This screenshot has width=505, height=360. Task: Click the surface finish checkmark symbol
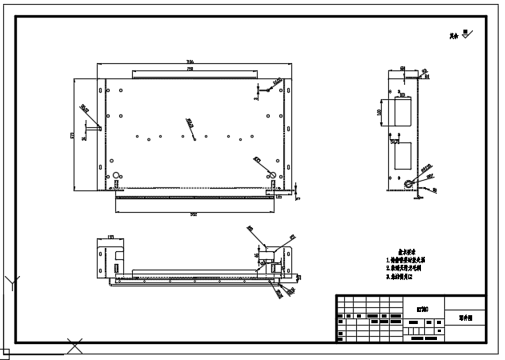point(468,34)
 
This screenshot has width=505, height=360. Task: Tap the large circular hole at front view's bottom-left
point(117,175)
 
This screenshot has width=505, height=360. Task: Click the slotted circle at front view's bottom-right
point(271,175)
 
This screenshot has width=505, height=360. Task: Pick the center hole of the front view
point(195,135)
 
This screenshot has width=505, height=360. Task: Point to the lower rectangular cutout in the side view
point(401,156)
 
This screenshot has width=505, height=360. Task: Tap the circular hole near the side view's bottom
point(409,182)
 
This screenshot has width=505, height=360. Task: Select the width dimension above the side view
point(402,69)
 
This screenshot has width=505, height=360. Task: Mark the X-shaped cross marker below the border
point(75,347)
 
